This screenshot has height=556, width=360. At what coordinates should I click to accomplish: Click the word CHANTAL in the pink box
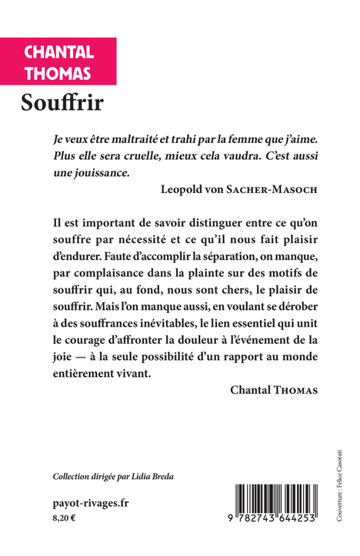58,52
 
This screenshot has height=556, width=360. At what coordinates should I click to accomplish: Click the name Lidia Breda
152,477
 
